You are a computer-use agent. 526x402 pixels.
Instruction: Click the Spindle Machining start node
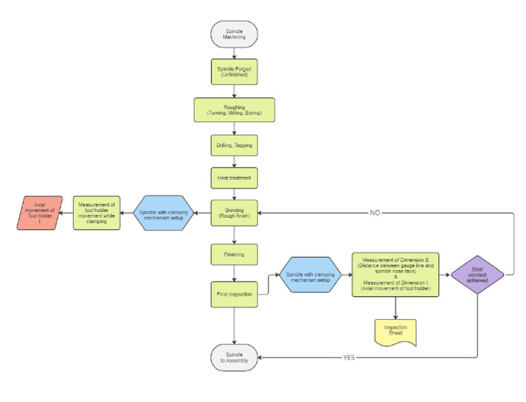[234, 34]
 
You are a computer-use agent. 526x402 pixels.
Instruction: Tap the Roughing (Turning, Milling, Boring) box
[234, 109]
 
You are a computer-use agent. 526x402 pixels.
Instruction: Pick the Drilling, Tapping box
[234, 146]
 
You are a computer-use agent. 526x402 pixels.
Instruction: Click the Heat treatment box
[234, 178]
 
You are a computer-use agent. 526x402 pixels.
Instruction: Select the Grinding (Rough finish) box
[234, 213]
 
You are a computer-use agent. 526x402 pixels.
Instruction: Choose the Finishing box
[234, 254]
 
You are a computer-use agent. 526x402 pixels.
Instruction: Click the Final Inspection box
[234, 295]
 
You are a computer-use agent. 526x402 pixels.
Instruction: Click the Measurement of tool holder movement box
[97, 213]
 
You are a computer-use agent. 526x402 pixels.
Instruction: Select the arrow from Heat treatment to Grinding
[234, 192]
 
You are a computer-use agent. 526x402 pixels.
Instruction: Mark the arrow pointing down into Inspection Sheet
[394, 308]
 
